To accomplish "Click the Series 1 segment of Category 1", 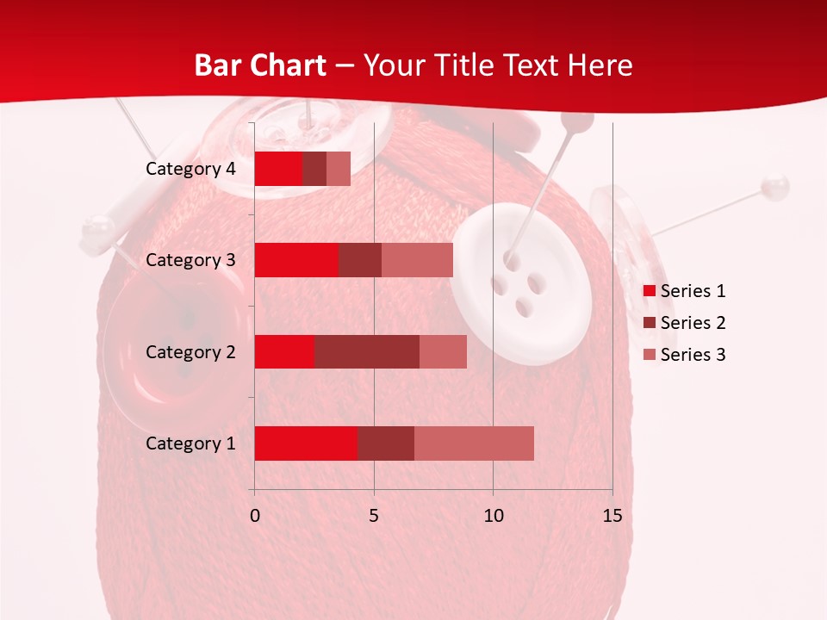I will [x=306, y=443].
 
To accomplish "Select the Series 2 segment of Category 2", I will [x=367, y=351].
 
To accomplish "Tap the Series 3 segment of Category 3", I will [x=417, y=260].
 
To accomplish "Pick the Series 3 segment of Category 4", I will [x=339, y=169].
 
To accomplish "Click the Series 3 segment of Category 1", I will [x=474, y=443].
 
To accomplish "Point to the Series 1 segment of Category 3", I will [x=296, y=260].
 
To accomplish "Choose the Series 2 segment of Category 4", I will [x=314, y=169].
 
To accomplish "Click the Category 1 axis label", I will [x=190, y=443].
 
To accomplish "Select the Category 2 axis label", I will [x=190, y=351].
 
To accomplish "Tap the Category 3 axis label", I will [x=190, y=260].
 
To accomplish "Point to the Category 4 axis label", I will [x=190, y=169].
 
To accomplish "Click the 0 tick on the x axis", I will [x=255, y=516].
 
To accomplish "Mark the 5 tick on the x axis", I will [x=374, y=516].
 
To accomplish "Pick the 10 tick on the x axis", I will [x=493, y=516].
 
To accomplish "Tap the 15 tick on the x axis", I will [x=612, y=516].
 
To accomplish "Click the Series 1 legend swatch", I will [x=650, y=291].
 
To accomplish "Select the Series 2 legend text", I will [x=693, y=323].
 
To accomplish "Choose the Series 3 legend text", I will [x=693, y=355].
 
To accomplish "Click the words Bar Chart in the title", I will [x=260, y=65].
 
